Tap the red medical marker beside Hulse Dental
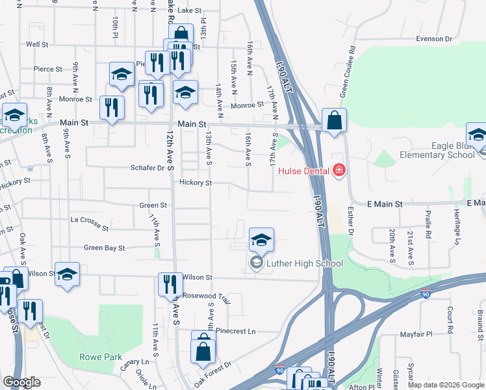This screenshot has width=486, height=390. click(x=338, y=172)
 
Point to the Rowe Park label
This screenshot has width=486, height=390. click(x=101, y=357)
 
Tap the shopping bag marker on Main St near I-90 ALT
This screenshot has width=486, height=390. click(x=334, y=121)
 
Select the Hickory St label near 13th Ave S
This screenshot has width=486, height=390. click(x=196, y=183)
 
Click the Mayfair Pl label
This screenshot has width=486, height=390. click(x=416, y=335)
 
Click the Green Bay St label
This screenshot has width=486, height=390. click(x=104, y=248)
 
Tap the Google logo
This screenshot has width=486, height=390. click(x=21, y=382)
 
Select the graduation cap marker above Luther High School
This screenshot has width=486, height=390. click(x=261, y=240)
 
